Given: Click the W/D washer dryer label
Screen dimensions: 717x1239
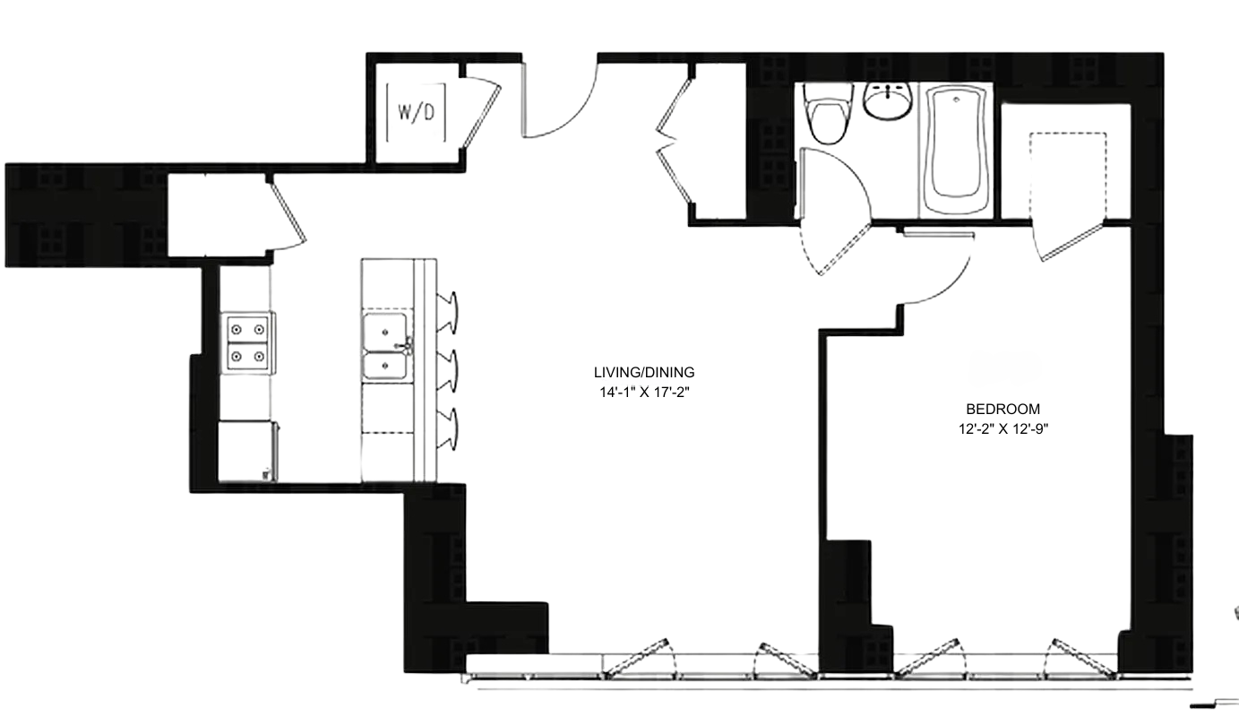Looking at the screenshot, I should tap(416, 113).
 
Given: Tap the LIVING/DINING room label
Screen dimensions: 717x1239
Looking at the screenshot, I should tap(644, 373).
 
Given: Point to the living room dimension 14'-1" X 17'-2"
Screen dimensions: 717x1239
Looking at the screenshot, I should tap(644, 392).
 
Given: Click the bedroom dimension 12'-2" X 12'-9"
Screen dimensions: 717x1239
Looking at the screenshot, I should tap(1002, 428).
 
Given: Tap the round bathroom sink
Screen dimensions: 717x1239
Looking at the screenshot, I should tap(888, 99).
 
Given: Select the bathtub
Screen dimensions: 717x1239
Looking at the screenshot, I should tap(957, 148).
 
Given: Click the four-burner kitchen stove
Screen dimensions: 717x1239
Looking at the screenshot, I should tap(248, 342).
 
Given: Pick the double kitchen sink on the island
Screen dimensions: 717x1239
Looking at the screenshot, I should tap(387, 348).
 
